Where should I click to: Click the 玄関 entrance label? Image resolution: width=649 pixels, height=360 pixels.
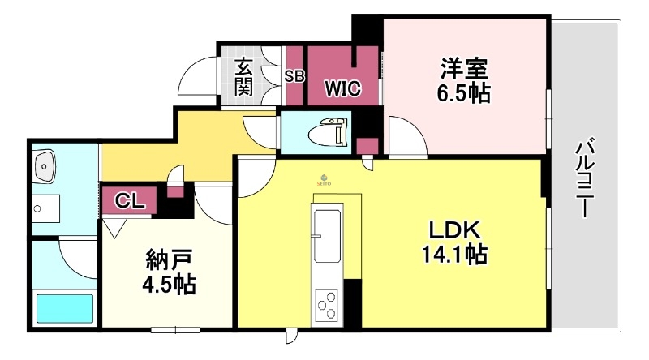243,76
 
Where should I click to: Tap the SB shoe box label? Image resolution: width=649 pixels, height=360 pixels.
294,77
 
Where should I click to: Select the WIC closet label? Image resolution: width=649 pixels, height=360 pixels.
342,86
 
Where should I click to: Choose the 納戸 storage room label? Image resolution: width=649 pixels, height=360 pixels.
168,261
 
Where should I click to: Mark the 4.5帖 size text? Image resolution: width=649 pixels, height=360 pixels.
167,286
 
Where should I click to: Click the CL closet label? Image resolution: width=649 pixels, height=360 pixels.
125,199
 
